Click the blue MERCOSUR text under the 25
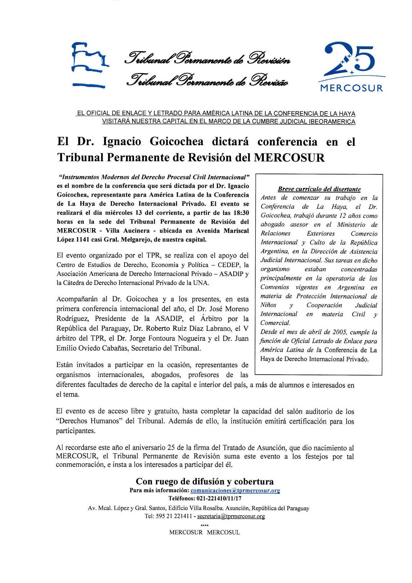(x=352, y=88)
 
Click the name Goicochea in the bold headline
(x=176, y=141)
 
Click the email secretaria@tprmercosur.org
(x=231, y=516)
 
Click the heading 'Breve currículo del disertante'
(x=319, y=189)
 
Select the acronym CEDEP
(x=229, y=265)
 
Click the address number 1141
(x=84, y=239)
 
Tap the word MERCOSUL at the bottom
(x=223, y=532)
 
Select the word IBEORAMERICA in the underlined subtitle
(x=331, y=122)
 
